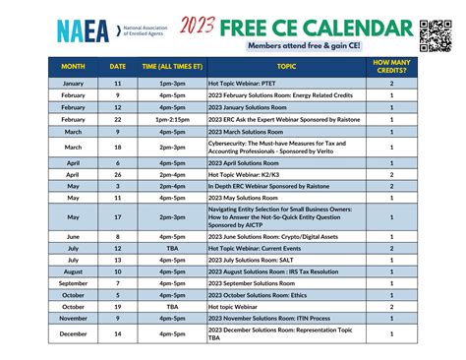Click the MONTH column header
74,66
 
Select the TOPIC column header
285,66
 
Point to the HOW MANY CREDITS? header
391,66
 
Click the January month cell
74,85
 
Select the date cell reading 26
117,173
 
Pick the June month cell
74,236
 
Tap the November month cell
74,318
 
